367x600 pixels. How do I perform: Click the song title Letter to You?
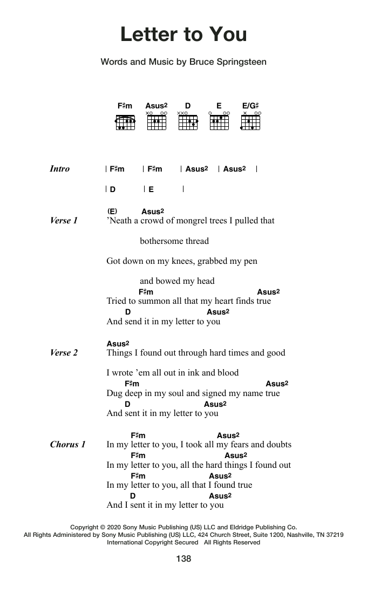pos(183,35)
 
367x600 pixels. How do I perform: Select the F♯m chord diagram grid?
pos(125,123)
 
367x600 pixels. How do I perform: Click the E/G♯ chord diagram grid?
pos(251,123)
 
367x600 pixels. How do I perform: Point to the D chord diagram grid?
pos(188,123)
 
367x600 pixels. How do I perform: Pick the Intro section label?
pos(59,169)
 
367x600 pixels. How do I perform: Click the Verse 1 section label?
pos(64,221)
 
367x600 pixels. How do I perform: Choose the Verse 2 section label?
pos(64,353)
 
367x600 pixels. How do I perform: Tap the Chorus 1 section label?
pos(67,445)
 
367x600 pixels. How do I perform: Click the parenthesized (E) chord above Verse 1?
pos(112,211)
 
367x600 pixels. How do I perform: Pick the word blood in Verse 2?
pos(227,373)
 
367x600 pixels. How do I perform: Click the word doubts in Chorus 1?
pos(278,445)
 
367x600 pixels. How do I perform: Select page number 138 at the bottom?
pos(183,559)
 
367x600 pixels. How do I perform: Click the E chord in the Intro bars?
pos(151,189)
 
